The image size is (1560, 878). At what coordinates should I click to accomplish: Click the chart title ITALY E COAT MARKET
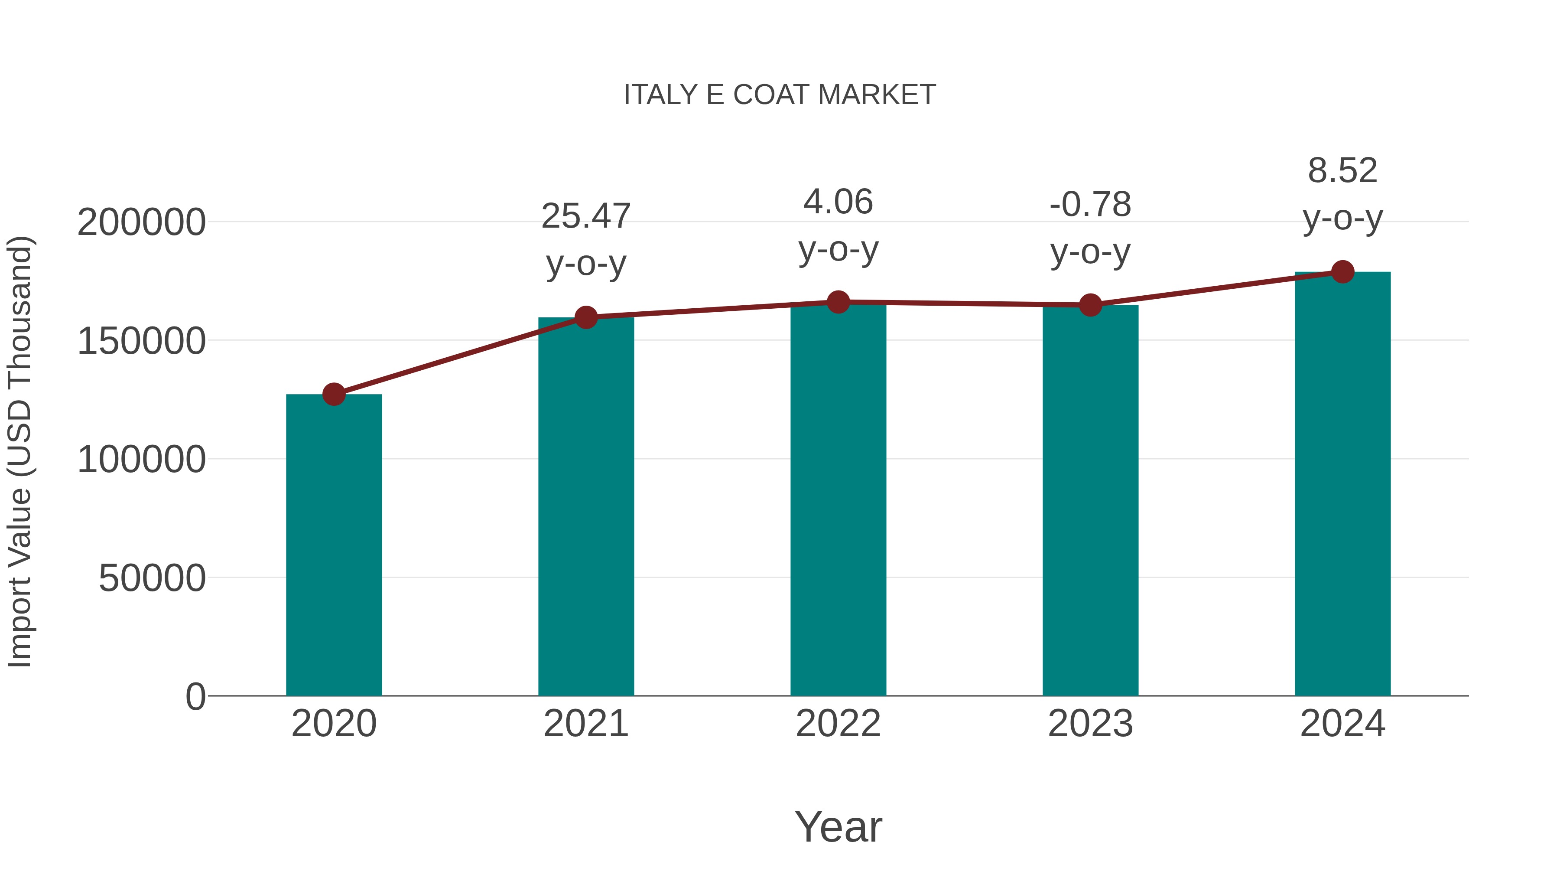tap(780, 95)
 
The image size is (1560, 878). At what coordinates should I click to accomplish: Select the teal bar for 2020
tap(334, 545)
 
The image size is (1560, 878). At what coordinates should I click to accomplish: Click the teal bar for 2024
tap(1342, 484)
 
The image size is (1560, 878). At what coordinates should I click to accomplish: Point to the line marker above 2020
tap(334, 395)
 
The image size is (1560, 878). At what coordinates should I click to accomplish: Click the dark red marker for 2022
tap(838, 302)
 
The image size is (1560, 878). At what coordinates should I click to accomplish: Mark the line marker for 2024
tap(1342, 272)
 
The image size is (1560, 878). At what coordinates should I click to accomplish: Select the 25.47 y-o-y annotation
tap(585, 239)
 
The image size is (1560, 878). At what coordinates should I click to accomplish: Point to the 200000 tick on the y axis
tap(141, 222)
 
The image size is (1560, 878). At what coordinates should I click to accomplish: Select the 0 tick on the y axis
tap(195, 697)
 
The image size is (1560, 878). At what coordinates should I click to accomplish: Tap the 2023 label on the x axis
tap(1090, 724)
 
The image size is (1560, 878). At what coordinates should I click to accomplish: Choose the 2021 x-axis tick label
tap(585, 724)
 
